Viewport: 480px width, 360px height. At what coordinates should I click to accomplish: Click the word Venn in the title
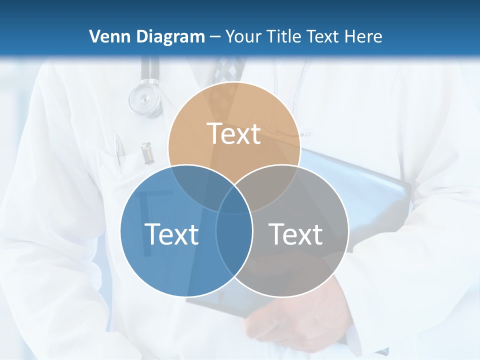pyautogui.click(x=107, y=36)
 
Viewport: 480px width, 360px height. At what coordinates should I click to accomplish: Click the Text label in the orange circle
pyautogui.click(x=234, y=133)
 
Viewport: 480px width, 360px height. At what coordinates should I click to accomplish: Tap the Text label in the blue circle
pyautogui.click(x=171, y=233)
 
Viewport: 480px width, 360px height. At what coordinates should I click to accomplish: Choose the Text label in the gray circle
pyautogui.click(x=295, y=233)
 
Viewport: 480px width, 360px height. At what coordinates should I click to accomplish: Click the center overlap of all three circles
pyautogui.click(x=234, y=200)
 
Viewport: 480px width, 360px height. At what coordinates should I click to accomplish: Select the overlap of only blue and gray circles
pyautogui.click(x=234, y=245)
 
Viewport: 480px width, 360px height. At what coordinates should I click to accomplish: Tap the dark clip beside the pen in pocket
pyautogui.click(x=146, y=153)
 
